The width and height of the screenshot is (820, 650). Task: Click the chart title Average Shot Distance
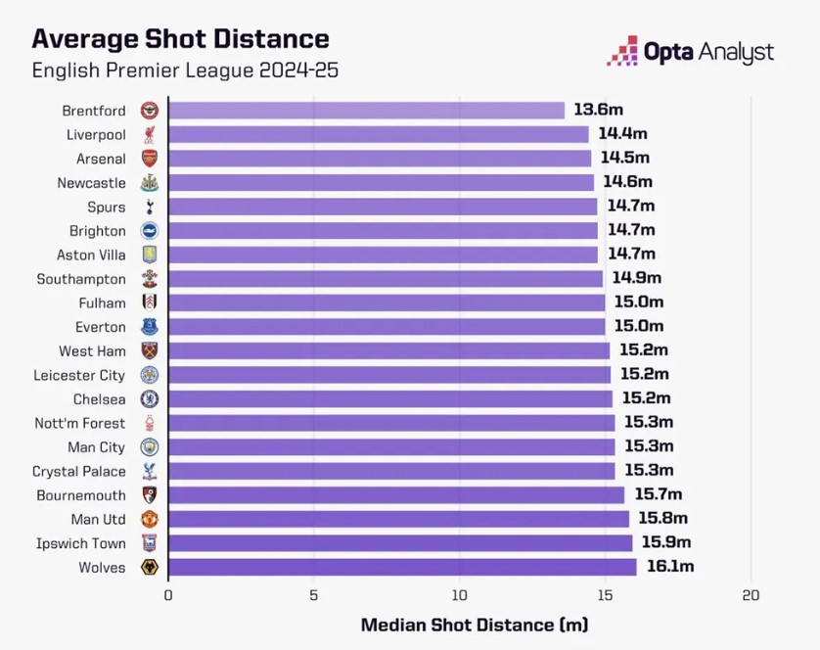coord(180,39)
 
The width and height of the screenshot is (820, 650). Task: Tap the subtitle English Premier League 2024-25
coord(186,70)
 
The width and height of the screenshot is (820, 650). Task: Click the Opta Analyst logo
coord(690,51)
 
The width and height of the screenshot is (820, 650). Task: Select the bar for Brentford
coord(367,111)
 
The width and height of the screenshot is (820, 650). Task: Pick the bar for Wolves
coord(402,567)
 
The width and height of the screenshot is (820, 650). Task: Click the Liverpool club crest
coord(149,134)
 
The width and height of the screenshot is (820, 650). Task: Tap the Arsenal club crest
coord(149,159)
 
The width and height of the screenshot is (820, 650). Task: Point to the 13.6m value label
coord(599,111)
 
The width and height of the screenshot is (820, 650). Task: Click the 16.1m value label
coord(670,567)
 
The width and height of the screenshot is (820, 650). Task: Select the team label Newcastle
coord(91,183)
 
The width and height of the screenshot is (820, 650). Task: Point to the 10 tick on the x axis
coord(460,595)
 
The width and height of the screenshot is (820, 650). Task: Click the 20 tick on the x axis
coord(751,595)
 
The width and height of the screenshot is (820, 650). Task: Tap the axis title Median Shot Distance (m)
coord(475,625)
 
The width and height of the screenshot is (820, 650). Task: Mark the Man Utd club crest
coord(149,519)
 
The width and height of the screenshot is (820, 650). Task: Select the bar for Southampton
coord(386,279)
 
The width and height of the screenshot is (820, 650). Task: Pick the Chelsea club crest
coord(149,398)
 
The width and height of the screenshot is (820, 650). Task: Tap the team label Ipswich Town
coord(81,543)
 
